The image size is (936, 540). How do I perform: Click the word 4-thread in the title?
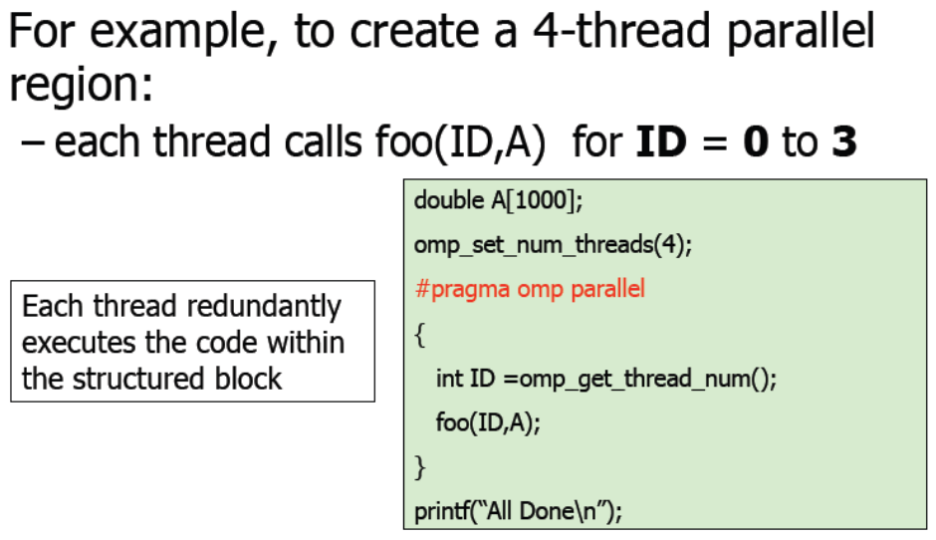[620, 31]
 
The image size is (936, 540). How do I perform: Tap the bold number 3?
[843, 141]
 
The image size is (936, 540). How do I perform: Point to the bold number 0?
[755, 141]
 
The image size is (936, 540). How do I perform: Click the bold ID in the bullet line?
[661, 141]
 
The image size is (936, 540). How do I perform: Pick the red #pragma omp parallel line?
[530, 289]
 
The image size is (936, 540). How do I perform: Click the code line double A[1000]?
[498, 200]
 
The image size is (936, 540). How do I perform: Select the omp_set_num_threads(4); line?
[553, 245]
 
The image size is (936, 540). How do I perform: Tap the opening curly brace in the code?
[420, 335]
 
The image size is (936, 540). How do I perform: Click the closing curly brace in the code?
[420, 467]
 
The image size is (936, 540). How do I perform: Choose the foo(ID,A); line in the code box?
[488, 422]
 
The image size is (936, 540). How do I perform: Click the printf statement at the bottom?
[518, 511]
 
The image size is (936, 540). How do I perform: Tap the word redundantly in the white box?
[264, 306]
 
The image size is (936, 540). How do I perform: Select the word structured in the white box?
[138, 379]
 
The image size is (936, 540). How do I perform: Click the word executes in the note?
[80, 343]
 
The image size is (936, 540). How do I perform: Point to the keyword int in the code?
[449, 379]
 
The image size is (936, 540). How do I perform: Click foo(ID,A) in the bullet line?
[460, 142]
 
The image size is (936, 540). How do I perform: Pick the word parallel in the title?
[801, 31]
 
